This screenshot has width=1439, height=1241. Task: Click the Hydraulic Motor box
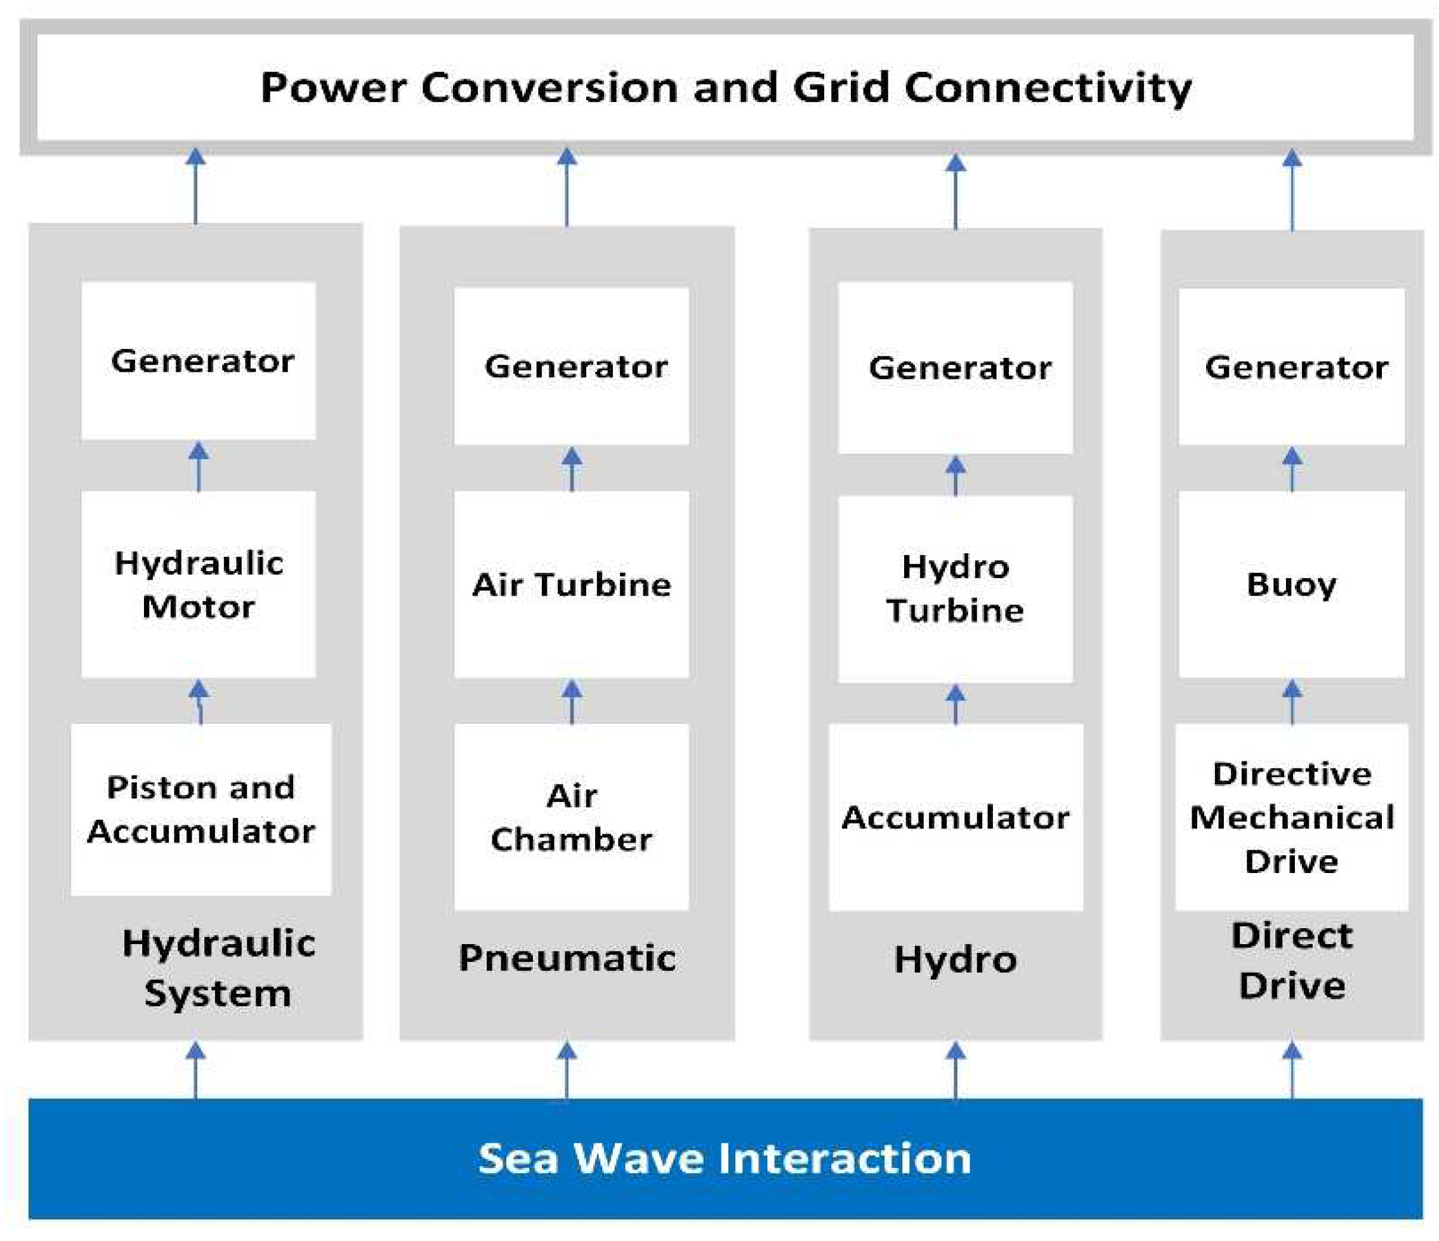pos(199,585)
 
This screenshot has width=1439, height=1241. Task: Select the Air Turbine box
pos(572,585)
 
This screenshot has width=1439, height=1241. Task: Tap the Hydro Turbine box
pos(955,589)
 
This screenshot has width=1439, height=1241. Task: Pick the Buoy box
pos(1292,585)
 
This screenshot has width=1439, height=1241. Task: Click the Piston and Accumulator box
pos(200,810)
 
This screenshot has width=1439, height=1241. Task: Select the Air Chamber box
pos(572,817)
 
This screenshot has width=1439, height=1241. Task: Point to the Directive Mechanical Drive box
pos(1292,817)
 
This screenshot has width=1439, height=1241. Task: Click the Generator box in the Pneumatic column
pos(572,366)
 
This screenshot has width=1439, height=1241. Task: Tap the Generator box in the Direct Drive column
pos(1292,366)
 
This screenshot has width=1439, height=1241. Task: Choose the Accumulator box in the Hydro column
pos(955,817)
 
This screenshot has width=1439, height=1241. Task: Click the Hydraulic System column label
pos(218,968)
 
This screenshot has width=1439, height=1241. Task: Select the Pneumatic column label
pos(567,959)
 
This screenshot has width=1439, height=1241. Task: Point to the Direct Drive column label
pos(1292,961)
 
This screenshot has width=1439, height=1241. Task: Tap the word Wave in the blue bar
pos(638,1159)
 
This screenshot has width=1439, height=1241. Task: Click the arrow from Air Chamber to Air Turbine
pos(572,702)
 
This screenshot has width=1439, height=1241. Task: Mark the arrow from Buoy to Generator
pos(1292,469)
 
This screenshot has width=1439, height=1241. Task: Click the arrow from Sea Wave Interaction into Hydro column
pos(956,1070)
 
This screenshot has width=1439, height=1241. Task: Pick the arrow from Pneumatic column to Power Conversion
pos(567,188)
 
